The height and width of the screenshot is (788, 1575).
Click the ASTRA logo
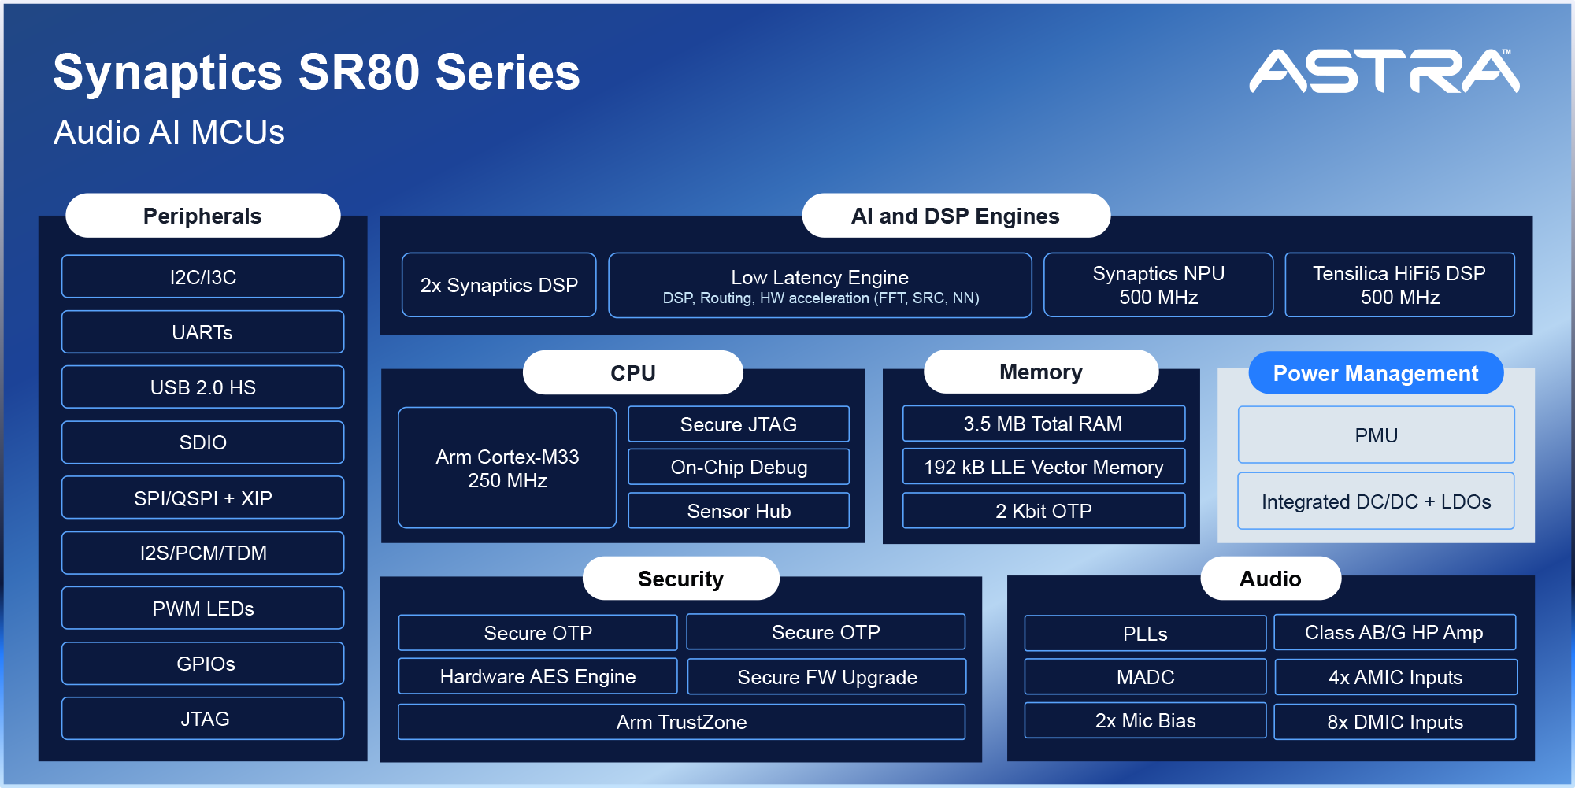(x=1384, y=71)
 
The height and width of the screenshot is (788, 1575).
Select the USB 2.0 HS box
(x=203, y=387)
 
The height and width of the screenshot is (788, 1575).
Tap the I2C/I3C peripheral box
(x=203, y=276)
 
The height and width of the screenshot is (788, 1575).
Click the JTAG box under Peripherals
(x=203, y=719)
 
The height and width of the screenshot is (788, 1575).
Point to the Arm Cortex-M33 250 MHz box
(x=507, y=468)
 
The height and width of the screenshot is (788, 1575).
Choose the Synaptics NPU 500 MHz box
(x=1158, y=285)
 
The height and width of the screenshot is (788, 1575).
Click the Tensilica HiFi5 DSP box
(x=1399, y=285)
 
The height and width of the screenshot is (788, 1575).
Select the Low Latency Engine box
(x=820, y=285)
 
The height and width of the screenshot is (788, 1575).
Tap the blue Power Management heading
(x=1376, y=373)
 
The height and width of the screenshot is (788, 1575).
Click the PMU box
(x=1376, y=435)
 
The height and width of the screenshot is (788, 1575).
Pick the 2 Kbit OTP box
(x=1043, y=510)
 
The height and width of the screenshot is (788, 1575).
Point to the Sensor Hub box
(x=739, y=510)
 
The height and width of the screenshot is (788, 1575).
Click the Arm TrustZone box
(x=682, y=722)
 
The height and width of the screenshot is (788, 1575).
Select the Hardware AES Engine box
(x=538, y=676)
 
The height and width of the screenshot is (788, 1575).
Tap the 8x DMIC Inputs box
(x=1395, y=722)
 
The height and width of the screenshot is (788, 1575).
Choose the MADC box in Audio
(x=1145, y=676)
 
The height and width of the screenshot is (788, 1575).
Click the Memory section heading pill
(x=1041, y=372)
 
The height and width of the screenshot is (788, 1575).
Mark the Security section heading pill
(x=681, y=579)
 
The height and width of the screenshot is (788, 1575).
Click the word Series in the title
(x=508, y=72)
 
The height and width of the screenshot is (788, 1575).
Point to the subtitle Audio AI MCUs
(x=169, y=132)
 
